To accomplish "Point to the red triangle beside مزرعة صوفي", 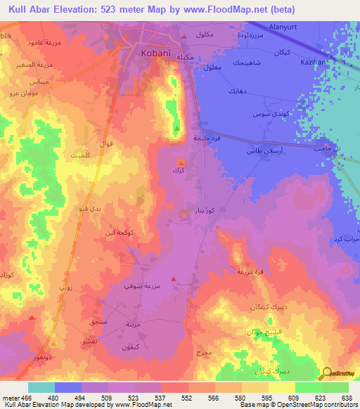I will click(x=173, y=283).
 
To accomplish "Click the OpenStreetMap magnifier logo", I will click(x=327, y=372).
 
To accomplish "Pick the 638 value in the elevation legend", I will click(x=346, y=398).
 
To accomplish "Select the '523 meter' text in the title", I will click(x=131, y=9).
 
